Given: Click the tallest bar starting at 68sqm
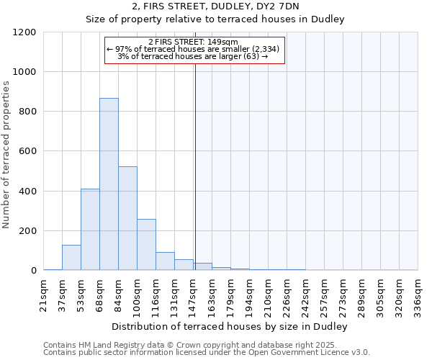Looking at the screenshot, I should point(109,184).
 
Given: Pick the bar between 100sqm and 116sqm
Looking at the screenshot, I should point(146,245).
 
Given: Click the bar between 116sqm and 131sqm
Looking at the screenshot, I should point(165,261).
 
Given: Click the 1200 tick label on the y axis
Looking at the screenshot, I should point(24,32).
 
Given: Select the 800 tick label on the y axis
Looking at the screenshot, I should point(27,112).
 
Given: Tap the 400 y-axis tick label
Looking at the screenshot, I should point(27,192).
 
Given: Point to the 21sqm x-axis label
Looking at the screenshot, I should point(44,292).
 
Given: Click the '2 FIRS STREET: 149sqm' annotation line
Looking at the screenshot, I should point(195,42).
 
